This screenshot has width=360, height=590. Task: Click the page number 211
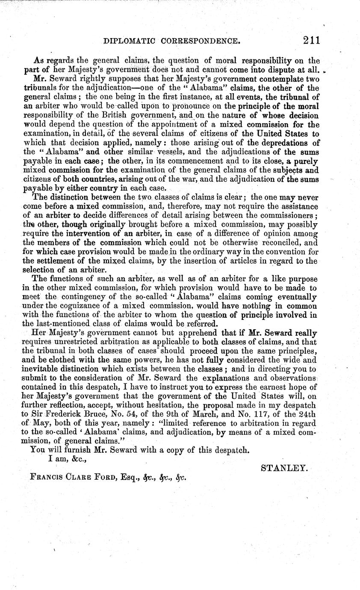pyautogui.click(x=312, y=40)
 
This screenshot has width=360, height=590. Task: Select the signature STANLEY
pyautogui.click(x=284, y=469)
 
